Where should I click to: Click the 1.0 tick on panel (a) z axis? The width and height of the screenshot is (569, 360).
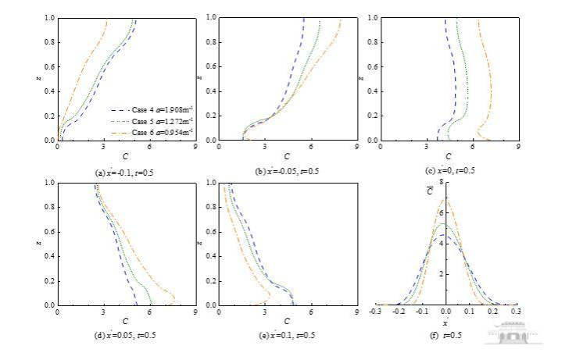(49, 18)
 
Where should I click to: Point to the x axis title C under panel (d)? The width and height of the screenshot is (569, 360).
(125, 321)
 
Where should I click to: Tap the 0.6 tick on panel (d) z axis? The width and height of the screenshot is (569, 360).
(49, 232)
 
